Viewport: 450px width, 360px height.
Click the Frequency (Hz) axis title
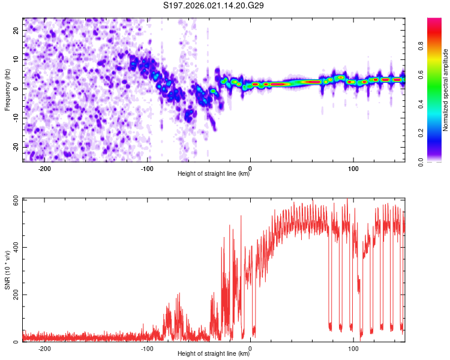7,89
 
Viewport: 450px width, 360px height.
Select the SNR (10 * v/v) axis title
7,269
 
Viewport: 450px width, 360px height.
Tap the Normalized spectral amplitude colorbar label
446,89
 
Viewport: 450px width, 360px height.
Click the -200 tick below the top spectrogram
44,169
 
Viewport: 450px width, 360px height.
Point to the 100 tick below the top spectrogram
353,169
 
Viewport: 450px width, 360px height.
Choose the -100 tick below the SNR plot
147,349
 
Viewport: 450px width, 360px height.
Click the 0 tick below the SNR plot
250,349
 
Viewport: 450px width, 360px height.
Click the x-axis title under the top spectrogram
214,174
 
